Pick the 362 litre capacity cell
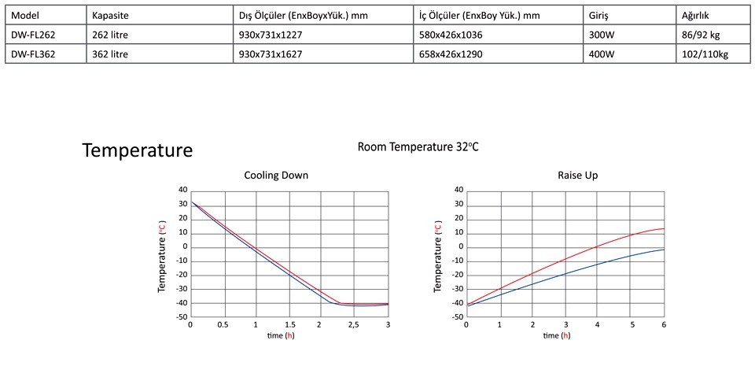(110, 54)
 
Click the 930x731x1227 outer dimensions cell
(270, 35)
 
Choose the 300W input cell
(601, 35)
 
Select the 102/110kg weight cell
(706, 54)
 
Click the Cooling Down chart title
(275, 175)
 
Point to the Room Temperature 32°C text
(417, 147)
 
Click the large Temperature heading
(138, 150)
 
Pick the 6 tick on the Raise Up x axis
(664, 324)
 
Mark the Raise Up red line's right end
(664, 229)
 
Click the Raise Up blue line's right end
(664, 250)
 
